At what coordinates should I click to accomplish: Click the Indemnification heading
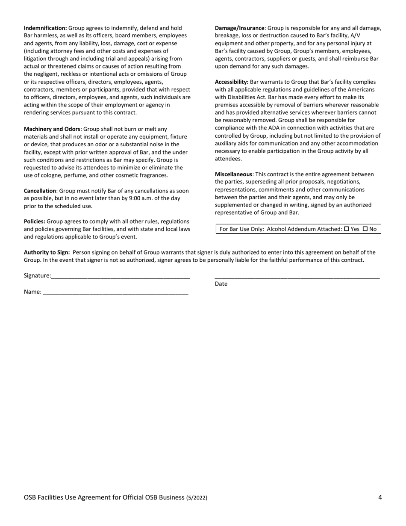click(45, 28)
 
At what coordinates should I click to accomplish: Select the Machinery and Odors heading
click(52, 129)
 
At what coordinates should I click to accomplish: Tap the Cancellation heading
click(40, 191)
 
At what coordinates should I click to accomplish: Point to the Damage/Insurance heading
click(240, 28)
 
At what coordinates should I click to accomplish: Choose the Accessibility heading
click(232, 82)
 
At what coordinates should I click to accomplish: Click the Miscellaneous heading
click(233, 174)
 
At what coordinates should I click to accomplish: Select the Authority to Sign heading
click(47, 252)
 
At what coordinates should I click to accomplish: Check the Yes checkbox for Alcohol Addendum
click(347, 229)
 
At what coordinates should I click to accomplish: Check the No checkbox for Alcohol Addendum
click(365, 229)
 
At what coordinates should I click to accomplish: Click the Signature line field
click(120, 276)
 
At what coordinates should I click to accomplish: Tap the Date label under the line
click(221, 284)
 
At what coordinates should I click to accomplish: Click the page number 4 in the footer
click(380, 497)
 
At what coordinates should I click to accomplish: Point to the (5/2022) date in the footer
click(197, 498)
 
